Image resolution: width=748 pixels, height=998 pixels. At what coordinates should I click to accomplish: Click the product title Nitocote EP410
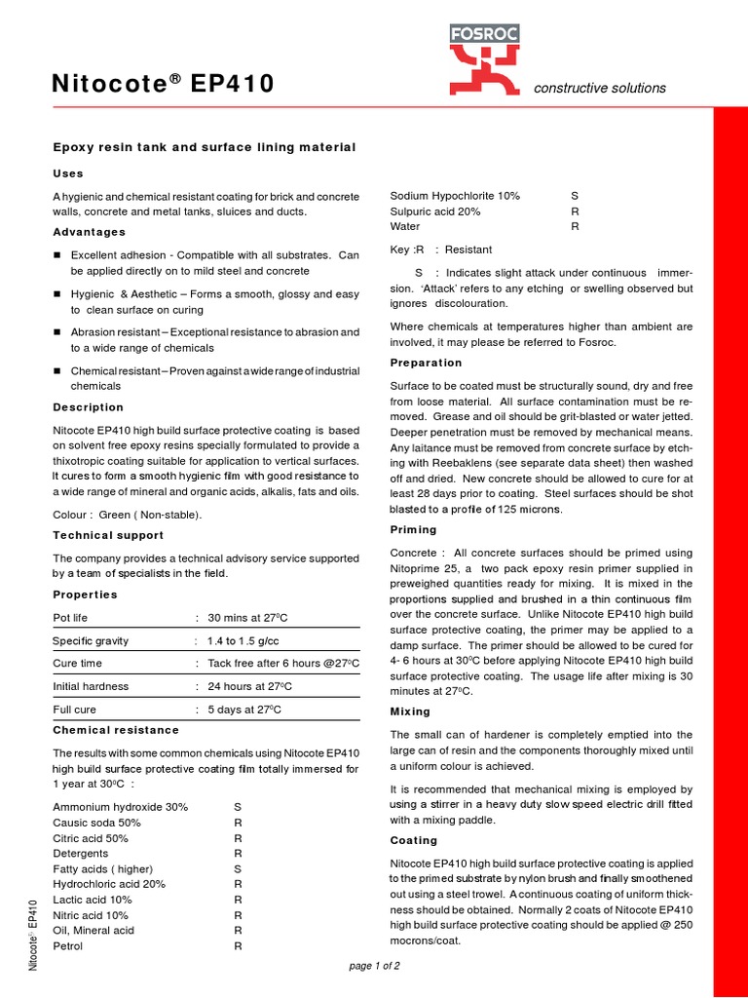tap(163, 87)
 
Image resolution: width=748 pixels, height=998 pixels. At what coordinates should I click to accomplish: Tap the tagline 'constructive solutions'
tap(600, 88)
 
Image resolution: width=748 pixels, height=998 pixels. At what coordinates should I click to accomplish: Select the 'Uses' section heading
tap(68, 173)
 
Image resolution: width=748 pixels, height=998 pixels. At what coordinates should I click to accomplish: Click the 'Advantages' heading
tap(89, 232)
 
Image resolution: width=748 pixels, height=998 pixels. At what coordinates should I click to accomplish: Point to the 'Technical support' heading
tap(108, 535)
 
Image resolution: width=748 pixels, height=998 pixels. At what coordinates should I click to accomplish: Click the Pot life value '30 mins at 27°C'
tap(247, 618)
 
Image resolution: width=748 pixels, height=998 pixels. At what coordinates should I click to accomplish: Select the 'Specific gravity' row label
tap(91, 641)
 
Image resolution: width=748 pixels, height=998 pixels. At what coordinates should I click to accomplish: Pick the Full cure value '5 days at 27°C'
tap(244, 710)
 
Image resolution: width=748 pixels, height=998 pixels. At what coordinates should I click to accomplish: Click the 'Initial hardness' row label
tap(91, 686)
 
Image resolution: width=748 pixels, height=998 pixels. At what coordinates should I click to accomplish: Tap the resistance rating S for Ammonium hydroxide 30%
tap(238, 807)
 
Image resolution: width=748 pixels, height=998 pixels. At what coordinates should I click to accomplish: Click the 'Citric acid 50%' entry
tap(91, 838)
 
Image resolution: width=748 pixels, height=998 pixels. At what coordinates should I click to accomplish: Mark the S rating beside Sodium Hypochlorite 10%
tap(575, 196)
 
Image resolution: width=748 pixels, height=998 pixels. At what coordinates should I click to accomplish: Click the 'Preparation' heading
tap(426, 363)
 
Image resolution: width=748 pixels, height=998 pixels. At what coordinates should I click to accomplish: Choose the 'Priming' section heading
tap(413, 529)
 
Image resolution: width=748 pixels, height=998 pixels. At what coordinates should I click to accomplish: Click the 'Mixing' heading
tap(410, 711)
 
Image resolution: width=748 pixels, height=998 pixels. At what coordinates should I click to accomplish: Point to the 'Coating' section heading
tap(414, 840)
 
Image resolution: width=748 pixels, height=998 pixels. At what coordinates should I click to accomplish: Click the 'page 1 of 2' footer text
tap(374, 966)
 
